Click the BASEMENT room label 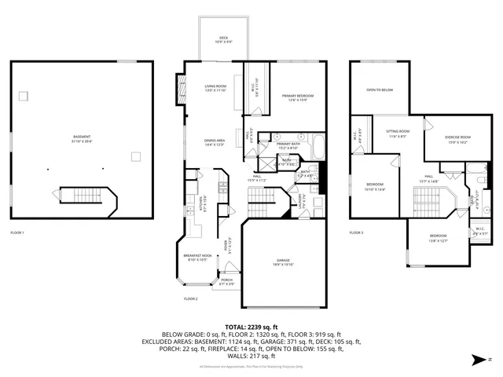click(x=76, y=138)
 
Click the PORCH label click(x=226, y=281)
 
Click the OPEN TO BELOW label click(x=380, y=90)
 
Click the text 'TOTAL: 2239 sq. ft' click(x=251, y=326)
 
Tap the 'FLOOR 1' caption click(x=17, y=232)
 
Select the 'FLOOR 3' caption click(x=357, y=232)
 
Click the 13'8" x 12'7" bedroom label click(x=438, y=238)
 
